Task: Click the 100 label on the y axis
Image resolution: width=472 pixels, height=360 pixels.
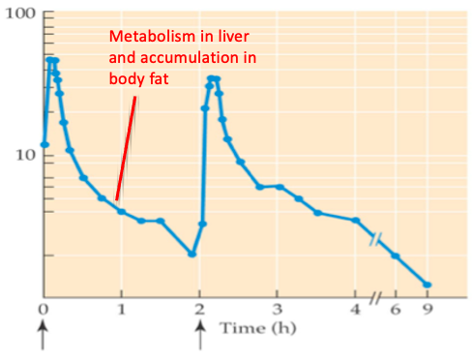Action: click(x=19, y=15)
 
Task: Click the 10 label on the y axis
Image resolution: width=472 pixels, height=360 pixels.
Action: click(x=24, y=155)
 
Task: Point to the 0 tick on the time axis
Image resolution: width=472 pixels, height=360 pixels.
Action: click(x=43, y=310)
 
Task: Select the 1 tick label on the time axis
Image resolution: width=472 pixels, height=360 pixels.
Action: click(x=121, y=310)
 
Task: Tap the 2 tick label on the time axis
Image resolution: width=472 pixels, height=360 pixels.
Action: click(x=199, y=310)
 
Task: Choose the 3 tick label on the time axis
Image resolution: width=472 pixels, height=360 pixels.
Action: click(x=278, y=310)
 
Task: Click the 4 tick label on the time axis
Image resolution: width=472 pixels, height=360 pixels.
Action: click(x=355, y=310)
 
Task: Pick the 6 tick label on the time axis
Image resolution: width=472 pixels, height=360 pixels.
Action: click(x=395, y=310)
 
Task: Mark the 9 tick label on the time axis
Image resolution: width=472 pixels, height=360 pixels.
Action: click(x=427, y=310)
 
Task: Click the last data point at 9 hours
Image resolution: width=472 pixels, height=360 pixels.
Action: click(x=427, y=285)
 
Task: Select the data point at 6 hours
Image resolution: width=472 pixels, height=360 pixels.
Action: click(x=395, y=255)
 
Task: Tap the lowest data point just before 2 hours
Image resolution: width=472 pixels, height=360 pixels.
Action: click(x=192, y=254)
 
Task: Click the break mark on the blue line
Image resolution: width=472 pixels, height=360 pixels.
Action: click(x=375, y=238)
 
